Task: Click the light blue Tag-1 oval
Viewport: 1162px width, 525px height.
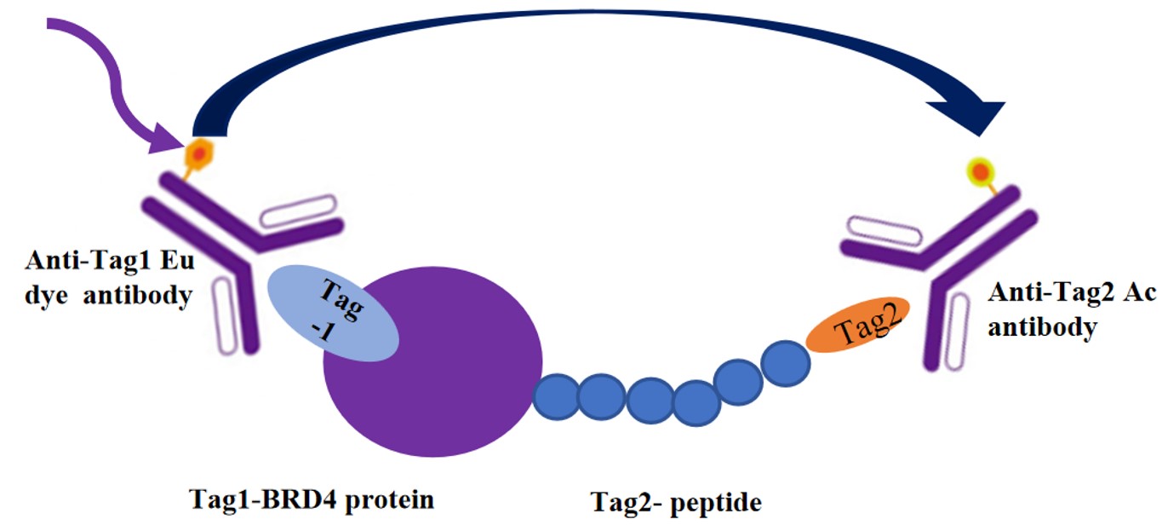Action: (333, 313)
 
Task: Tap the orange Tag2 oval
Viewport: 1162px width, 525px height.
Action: (858, 325)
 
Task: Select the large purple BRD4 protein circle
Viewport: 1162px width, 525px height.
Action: (433, 362)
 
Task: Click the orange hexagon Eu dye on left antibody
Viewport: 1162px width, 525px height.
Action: (197, 153)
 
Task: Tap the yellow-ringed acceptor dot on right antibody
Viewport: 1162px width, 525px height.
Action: (980, 170)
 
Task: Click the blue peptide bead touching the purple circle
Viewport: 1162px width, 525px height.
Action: (557, 397)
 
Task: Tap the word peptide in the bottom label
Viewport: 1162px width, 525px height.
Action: (716, 503)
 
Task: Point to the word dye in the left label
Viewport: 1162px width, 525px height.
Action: (46, 296)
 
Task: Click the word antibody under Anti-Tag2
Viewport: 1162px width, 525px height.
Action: (1042, 327)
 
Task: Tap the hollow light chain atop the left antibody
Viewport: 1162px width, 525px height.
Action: (298, 211)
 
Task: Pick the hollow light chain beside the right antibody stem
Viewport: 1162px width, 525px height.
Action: (957, 332)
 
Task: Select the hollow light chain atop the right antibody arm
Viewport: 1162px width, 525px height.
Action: (884, 231)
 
